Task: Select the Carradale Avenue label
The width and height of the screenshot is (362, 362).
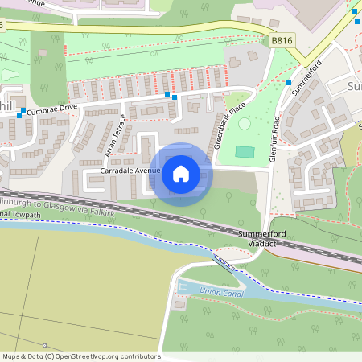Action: (x=130, y=171)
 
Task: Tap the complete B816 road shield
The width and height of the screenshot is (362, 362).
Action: (x=282, y=39)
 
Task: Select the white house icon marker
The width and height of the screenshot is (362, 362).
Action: (x=181, y=173)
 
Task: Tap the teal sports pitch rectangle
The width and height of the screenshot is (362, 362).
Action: (x=245, y=152)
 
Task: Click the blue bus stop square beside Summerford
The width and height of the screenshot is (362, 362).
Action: (x=288, y=81)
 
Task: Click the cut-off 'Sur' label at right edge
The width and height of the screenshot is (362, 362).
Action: (x=354, y=84)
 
